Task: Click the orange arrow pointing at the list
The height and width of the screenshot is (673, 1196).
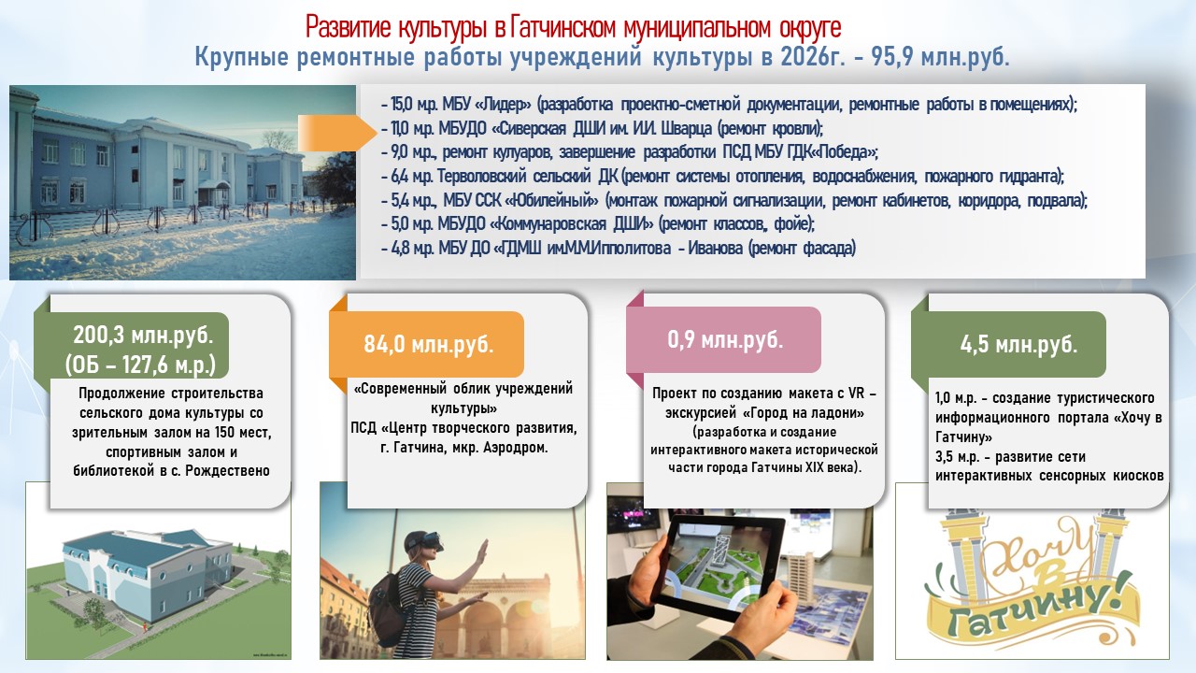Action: pyautogui.click(x=337, y=133)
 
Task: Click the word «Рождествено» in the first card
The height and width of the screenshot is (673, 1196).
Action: pyautogui.click(x=227, y=471)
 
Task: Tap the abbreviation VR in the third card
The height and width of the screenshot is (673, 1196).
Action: pyautogui.click(x=856, y=394)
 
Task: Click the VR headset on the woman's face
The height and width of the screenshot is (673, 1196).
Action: pyautogui.click(x=426, y=543)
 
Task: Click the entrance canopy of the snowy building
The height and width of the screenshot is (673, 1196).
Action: pyautogui.click(x=214, y=184)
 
